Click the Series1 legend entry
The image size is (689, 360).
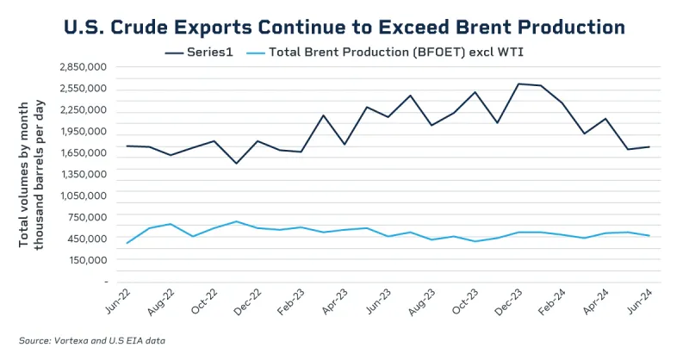[206, 52]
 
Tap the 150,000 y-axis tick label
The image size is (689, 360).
[89, 259]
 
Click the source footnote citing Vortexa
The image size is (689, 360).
[92, 341]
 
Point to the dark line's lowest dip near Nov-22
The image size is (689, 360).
[237, 163]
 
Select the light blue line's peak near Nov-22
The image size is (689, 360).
[237, 221]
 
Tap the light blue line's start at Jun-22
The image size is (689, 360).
[127, 243]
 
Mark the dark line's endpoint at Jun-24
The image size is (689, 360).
[649, 147]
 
